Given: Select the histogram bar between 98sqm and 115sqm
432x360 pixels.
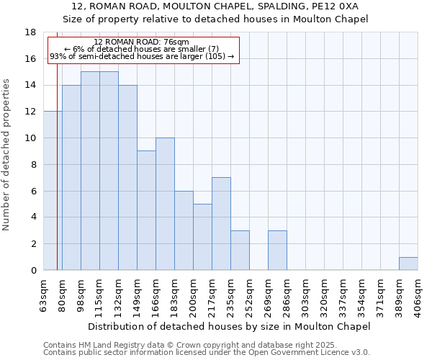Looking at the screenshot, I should (90, 171).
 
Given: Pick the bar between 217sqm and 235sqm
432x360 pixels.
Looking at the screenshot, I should (221, 223).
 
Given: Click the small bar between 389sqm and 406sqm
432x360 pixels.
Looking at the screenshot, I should (408, 264).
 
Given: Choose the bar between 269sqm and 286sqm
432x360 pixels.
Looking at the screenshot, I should (277, 250).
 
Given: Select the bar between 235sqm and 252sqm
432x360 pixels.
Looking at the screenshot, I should (240, 250).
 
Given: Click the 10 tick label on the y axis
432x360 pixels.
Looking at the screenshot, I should (30, 138).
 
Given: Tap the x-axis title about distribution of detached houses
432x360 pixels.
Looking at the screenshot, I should (230, 326).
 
